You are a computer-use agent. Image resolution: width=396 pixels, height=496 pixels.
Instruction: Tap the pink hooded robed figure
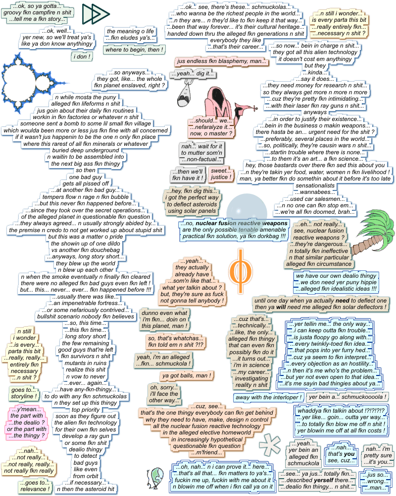pyautogui.click(x=217, y=102)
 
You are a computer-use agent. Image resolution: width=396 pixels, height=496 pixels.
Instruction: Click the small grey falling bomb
pyautogui.click(x=184, y=95)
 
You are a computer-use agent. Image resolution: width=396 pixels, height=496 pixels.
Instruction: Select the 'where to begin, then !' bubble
pyautogui.click(x=134, y=50)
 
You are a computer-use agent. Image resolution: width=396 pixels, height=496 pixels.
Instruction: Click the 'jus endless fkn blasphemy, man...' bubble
pyautogui.click(x=221, y=62)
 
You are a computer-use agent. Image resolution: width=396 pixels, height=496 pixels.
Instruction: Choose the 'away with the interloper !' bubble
pyautogui.click(x=268, y=397)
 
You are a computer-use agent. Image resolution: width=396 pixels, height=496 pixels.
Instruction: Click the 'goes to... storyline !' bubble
pyautogui.click(x=23, y=393)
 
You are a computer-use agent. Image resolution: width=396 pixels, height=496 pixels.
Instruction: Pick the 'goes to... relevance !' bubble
pyautogui.click(x=35, y=486)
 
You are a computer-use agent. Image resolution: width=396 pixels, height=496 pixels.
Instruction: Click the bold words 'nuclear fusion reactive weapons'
pyautogui.click(x=241, y=223)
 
